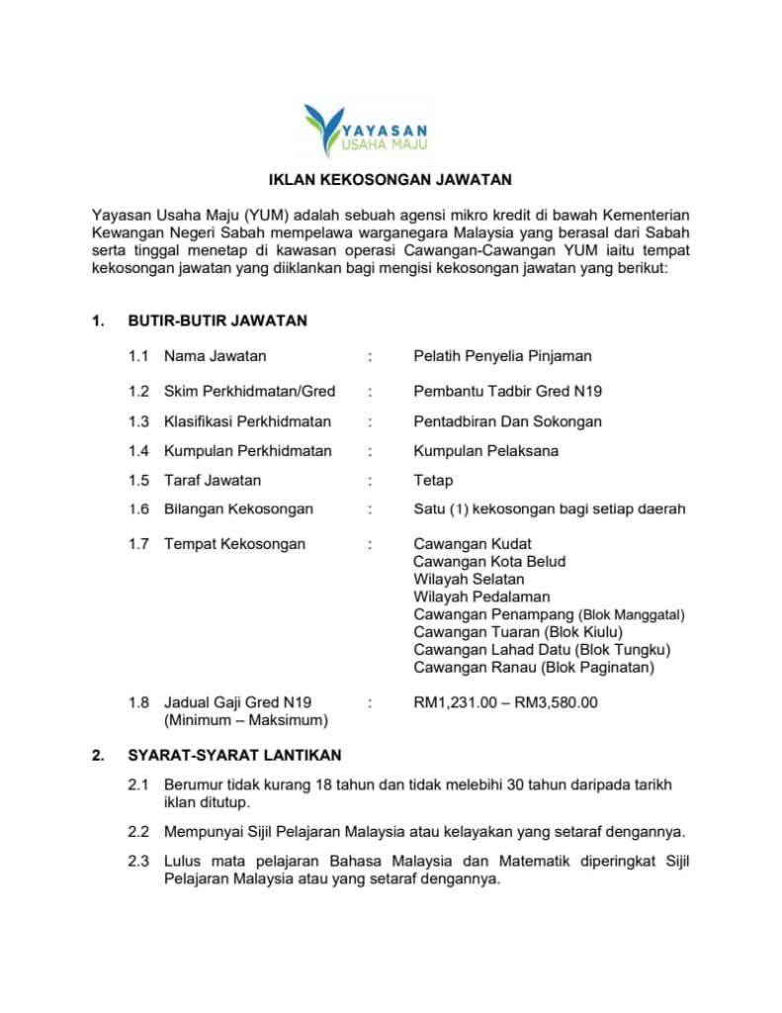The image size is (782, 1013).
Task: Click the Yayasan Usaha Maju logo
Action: (365, 130)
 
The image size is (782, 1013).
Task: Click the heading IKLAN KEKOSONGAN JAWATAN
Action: (391, 180)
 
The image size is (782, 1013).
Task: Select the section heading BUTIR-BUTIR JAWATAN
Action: (217, 321)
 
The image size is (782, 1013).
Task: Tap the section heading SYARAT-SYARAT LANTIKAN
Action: (234, 755)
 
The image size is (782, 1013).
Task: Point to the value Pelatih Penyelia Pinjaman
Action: (502, 356)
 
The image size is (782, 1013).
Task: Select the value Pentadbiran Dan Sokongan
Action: (507, 421)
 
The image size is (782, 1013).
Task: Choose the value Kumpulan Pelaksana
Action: (485, 451)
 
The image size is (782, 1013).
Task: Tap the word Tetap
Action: (433, 481)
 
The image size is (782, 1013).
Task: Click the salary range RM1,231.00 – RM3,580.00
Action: (505, 703)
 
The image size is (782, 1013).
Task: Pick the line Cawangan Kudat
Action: (473, 544)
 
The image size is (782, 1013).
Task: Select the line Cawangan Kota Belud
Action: (489, 562)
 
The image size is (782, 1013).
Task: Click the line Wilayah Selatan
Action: (469, 579)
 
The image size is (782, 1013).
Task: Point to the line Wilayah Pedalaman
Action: (481, 597)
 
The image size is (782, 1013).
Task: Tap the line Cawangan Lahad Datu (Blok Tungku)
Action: (542, 650)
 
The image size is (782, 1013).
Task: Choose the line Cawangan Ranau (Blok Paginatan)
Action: (534, 668)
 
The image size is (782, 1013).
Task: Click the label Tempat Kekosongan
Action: (234, 544)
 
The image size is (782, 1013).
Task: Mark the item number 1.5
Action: (138, 481)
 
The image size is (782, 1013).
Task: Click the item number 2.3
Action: (138, 862)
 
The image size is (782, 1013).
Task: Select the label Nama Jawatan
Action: (215, 356)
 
